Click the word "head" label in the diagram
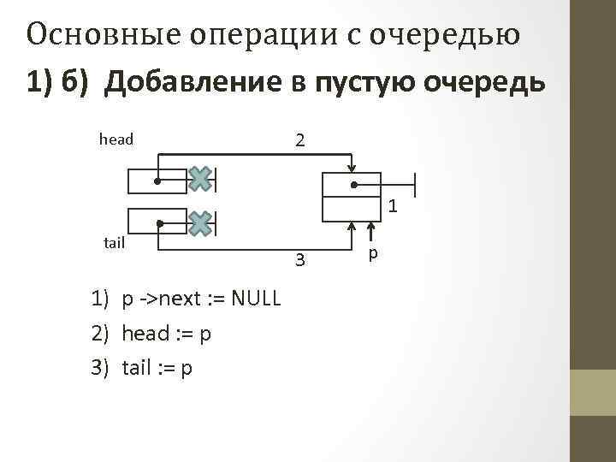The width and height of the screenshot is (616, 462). [116, 139]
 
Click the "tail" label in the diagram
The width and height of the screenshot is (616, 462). [114, 243]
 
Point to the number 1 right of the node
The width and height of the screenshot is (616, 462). [393, 206]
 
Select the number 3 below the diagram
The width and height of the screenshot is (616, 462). [299, 259]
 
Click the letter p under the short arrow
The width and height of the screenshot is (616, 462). [372, 255]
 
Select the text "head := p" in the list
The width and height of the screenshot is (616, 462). [167, 333]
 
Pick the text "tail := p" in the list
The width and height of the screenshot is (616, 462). [157, 367]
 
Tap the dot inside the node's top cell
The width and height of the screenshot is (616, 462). [352, 184]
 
